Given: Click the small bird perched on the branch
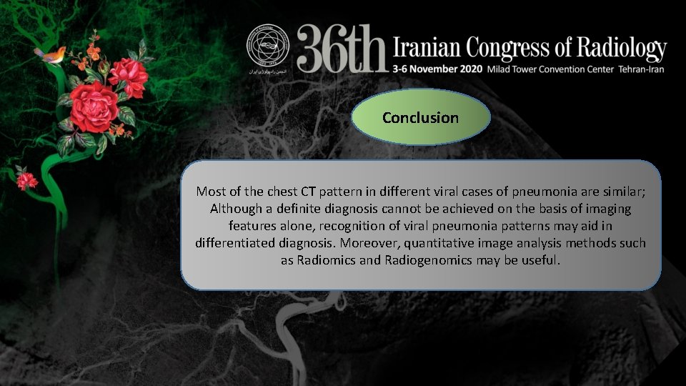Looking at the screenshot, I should (x=55, y=54).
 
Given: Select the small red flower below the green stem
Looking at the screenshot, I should (x=27, y=179).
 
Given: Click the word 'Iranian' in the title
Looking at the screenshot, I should (x=427, y=48).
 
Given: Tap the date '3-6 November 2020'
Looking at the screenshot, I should (x=438, y=69).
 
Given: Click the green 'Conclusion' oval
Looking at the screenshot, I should (x=420, y=117).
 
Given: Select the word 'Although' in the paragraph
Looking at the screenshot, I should (x=237, y=209).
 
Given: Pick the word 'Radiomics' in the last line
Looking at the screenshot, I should (x=325, y=260).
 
